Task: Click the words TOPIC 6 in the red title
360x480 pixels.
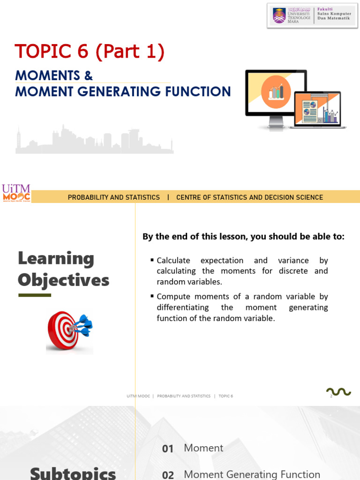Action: pyautogui.click(x=51, y=52)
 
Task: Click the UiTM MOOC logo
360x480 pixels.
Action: pyautogui.click(x=16, y=193)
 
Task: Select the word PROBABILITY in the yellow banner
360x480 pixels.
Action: pyautogui.click(x=89, y=197)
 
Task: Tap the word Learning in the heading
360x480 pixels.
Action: pyautogui.click(x=56, y=258)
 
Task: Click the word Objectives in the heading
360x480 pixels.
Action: pyautogui.click(x=63, y=280)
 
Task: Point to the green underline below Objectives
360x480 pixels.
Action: pyautogui.click(x=34, y=295)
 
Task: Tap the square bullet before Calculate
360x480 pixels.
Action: pyautogui.click(x=152, y=260)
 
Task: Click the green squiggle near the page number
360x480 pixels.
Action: pyautogui.click(x=338, y=391)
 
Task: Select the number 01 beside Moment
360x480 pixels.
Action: pyautogui.click(x=168, y=449)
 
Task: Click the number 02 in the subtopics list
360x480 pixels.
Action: pyautogui.click(x=168, y=475)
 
